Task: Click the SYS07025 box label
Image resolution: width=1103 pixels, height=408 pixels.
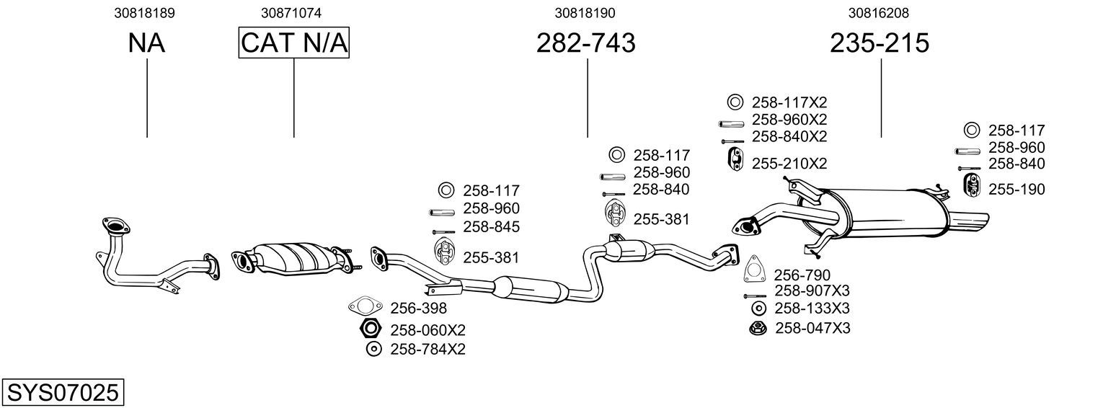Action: tap(63, 392)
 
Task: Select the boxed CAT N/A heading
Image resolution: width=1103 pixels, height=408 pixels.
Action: tap(294, 43)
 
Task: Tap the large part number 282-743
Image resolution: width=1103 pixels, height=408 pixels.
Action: tap(585, 43)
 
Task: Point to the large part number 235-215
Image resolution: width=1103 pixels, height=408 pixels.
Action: tap(880, 43)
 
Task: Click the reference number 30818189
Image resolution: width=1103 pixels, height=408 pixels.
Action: tap(144, 13)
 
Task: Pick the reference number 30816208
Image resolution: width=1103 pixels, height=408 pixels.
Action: tap(879, 13)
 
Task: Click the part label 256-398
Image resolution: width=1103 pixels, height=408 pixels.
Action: tap(419, 308)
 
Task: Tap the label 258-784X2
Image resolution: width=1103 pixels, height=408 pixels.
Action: tap(428, 349)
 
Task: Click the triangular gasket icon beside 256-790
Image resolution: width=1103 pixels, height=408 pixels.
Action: tap(753, 270)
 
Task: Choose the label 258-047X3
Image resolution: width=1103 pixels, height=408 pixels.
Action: tap(812, 328)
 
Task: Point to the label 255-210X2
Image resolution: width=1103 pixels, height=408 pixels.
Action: tap(789, 164)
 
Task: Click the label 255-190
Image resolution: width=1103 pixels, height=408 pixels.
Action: tap(1016, 189)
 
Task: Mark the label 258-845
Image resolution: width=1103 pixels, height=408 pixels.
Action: tap(491, 226)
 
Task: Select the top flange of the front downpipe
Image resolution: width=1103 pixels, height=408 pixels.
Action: tap(116, 226)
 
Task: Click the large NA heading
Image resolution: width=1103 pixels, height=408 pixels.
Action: tap(146, 43)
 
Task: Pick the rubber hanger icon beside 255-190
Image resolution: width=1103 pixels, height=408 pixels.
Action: tap(971, 185)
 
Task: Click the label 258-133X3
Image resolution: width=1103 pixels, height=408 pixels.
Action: tap(812, 308)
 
